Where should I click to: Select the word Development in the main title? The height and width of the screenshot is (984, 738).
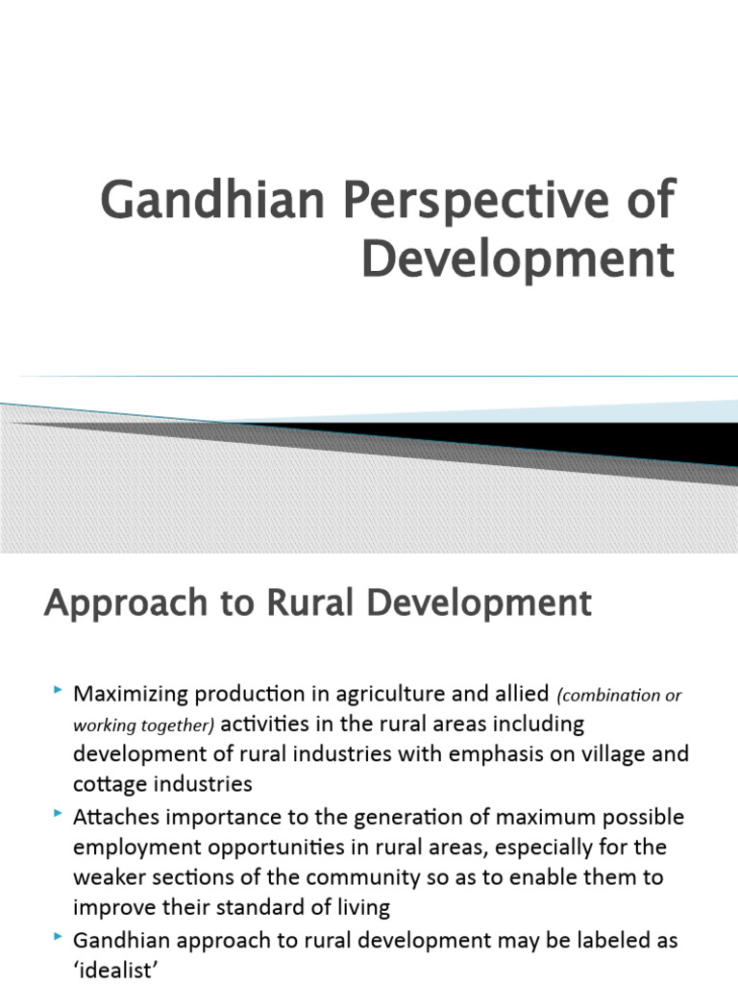click(x=517, y=258)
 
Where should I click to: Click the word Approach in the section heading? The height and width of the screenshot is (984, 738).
click(x=114, y=604)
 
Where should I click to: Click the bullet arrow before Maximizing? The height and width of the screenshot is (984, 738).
click(x=59, y=690)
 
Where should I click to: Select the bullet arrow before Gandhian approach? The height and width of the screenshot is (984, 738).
click(x=59, y=937)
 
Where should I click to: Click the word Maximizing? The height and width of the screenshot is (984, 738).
click(x=134, y=694)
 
